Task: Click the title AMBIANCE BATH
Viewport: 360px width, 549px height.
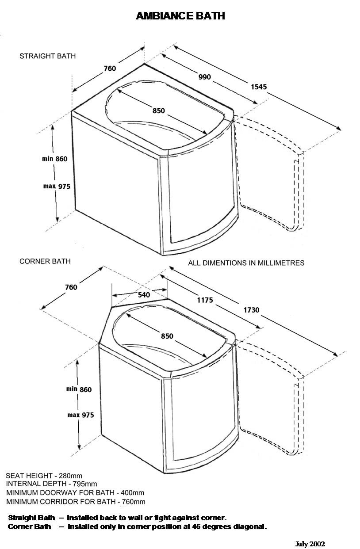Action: point(180,16)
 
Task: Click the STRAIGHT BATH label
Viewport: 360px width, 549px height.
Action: point(48,56)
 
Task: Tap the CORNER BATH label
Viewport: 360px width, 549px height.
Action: point(45,261)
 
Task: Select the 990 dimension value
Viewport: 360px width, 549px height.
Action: point(204,77)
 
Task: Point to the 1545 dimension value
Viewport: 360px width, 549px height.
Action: point(259,87)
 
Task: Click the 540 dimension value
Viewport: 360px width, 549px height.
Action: point(144,294)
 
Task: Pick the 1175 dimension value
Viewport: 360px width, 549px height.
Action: point(205,300)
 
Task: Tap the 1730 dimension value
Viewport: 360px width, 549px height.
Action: point(251,310)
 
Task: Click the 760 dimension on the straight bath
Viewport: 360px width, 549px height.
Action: point(110,69)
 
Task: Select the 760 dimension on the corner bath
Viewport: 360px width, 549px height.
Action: point(71,287)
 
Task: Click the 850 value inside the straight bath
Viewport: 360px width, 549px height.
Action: point(159,111)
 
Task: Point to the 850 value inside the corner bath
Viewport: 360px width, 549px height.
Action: point(167,336)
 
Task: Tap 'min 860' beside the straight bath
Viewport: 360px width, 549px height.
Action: point(55,159)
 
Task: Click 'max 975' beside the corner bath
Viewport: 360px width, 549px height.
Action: point(80,415)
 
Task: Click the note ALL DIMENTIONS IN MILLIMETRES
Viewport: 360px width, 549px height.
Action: point(246,263)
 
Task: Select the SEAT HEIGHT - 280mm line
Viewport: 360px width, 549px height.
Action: point(44,476)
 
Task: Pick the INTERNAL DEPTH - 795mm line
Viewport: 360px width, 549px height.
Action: point(51,484)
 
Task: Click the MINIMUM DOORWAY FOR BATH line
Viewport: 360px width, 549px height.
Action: point(75,492)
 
